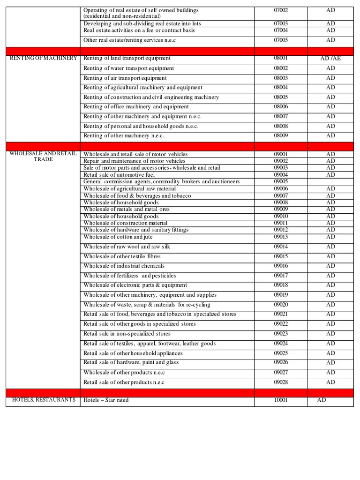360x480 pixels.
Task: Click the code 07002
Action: (x=281, y=10)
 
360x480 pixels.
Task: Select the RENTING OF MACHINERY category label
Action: (x=43, y=58)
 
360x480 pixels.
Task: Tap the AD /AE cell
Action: (x=330, y=59)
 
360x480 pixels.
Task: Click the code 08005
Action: (x=281, y=97)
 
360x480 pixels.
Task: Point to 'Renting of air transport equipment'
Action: (x=125, y=78)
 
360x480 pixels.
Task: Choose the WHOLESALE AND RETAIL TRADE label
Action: (x=43, y=157)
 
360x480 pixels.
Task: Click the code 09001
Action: (x=281, y=154)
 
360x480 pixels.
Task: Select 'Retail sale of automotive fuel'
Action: (x=119, y=175)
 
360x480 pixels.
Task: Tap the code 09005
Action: (x=281, y=181)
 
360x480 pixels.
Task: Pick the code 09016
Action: (x=281, y=266)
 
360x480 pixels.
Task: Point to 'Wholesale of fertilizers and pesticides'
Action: (x=130, y=276)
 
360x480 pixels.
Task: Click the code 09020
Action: (x=281, y=305)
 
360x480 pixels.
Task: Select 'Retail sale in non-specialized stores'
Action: (x=127, y=334)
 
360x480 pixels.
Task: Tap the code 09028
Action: (x=281, y=382)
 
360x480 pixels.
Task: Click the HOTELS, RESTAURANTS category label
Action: (x=43, y=400)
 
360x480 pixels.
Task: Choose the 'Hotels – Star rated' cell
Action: (x=106, y=400)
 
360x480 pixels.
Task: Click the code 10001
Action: (x=281, y=400)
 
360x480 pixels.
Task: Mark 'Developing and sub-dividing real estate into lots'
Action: (x=142, y=23)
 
